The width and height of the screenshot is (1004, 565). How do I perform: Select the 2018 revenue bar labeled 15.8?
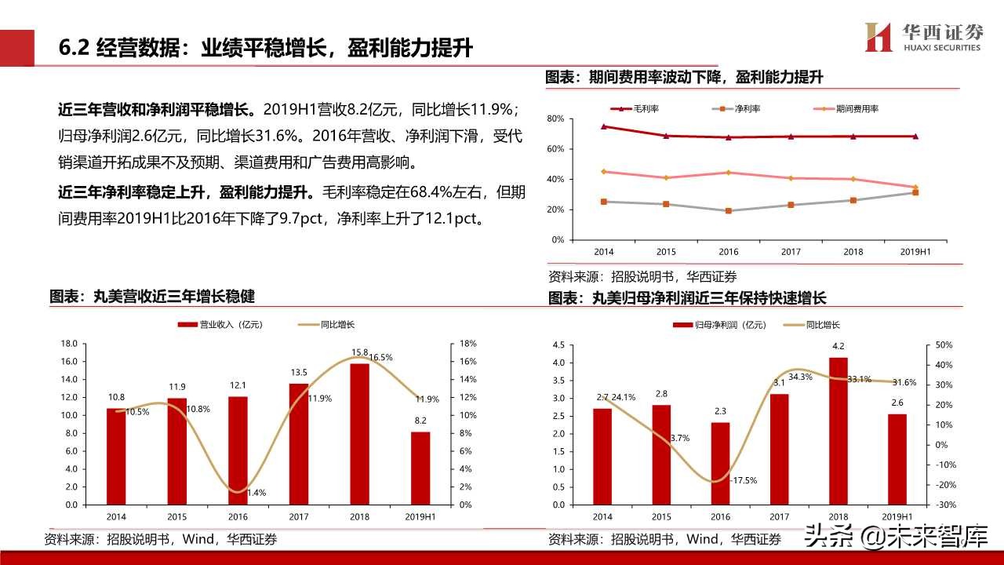359,433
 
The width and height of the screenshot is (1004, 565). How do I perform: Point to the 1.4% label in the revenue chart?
256,493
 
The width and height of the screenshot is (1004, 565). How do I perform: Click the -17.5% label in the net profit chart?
741,480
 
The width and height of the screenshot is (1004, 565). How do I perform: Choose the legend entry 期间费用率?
848,108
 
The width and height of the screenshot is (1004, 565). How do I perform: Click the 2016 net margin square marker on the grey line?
728,211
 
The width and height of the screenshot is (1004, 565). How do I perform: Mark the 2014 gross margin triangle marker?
603,126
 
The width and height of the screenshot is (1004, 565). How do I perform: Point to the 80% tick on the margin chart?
555,118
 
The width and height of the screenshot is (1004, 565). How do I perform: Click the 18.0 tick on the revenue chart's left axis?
68,344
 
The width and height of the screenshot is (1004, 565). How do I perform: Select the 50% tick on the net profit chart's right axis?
944,345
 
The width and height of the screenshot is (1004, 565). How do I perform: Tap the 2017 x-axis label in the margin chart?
791,252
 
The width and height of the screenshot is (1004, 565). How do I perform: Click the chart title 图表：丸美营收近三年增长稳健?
152,297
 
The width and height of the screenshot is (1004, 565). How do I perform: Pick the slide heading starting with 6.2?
266,48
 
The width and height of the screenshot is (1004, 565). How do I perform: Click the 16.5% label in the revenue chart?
380,357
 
